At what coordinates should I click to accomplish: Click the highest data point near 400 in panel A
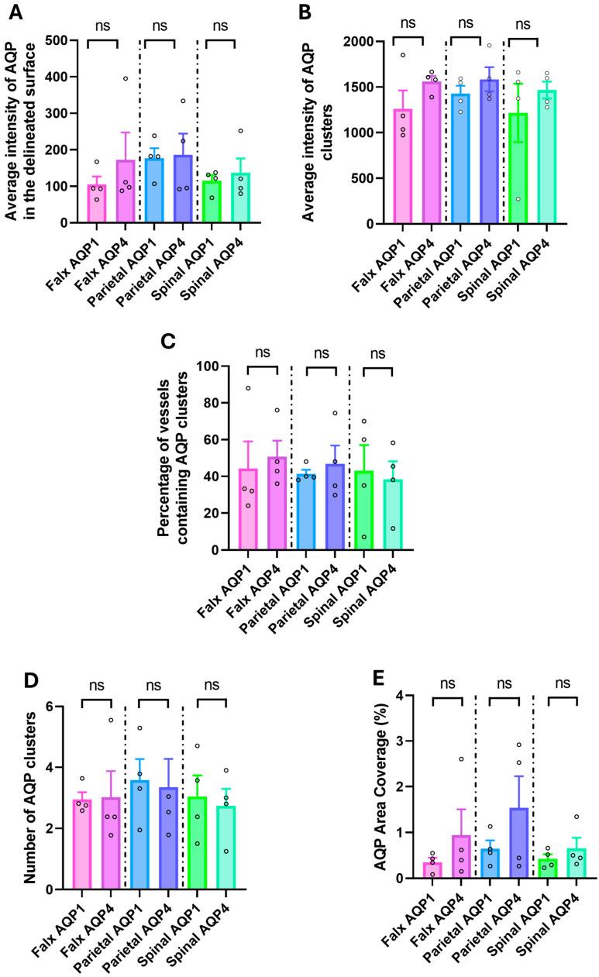(x=124, y=78)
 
